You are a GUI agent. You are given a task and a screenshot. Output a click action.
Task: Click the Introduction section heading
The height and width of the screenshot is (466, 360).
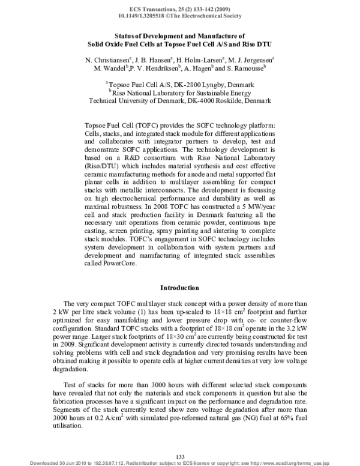[180, 288]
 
